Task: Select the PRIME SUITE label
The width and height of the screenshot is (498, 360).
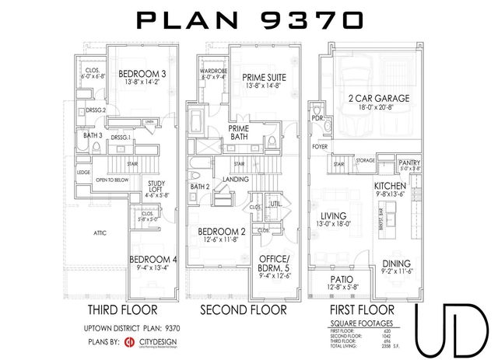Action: [x=261, y=77]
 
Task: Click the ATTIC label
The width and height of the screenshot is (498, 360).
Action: [x=100, y=232]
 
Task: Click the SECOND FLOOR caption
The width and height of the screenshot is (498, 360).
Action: [x=244, y=309]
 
